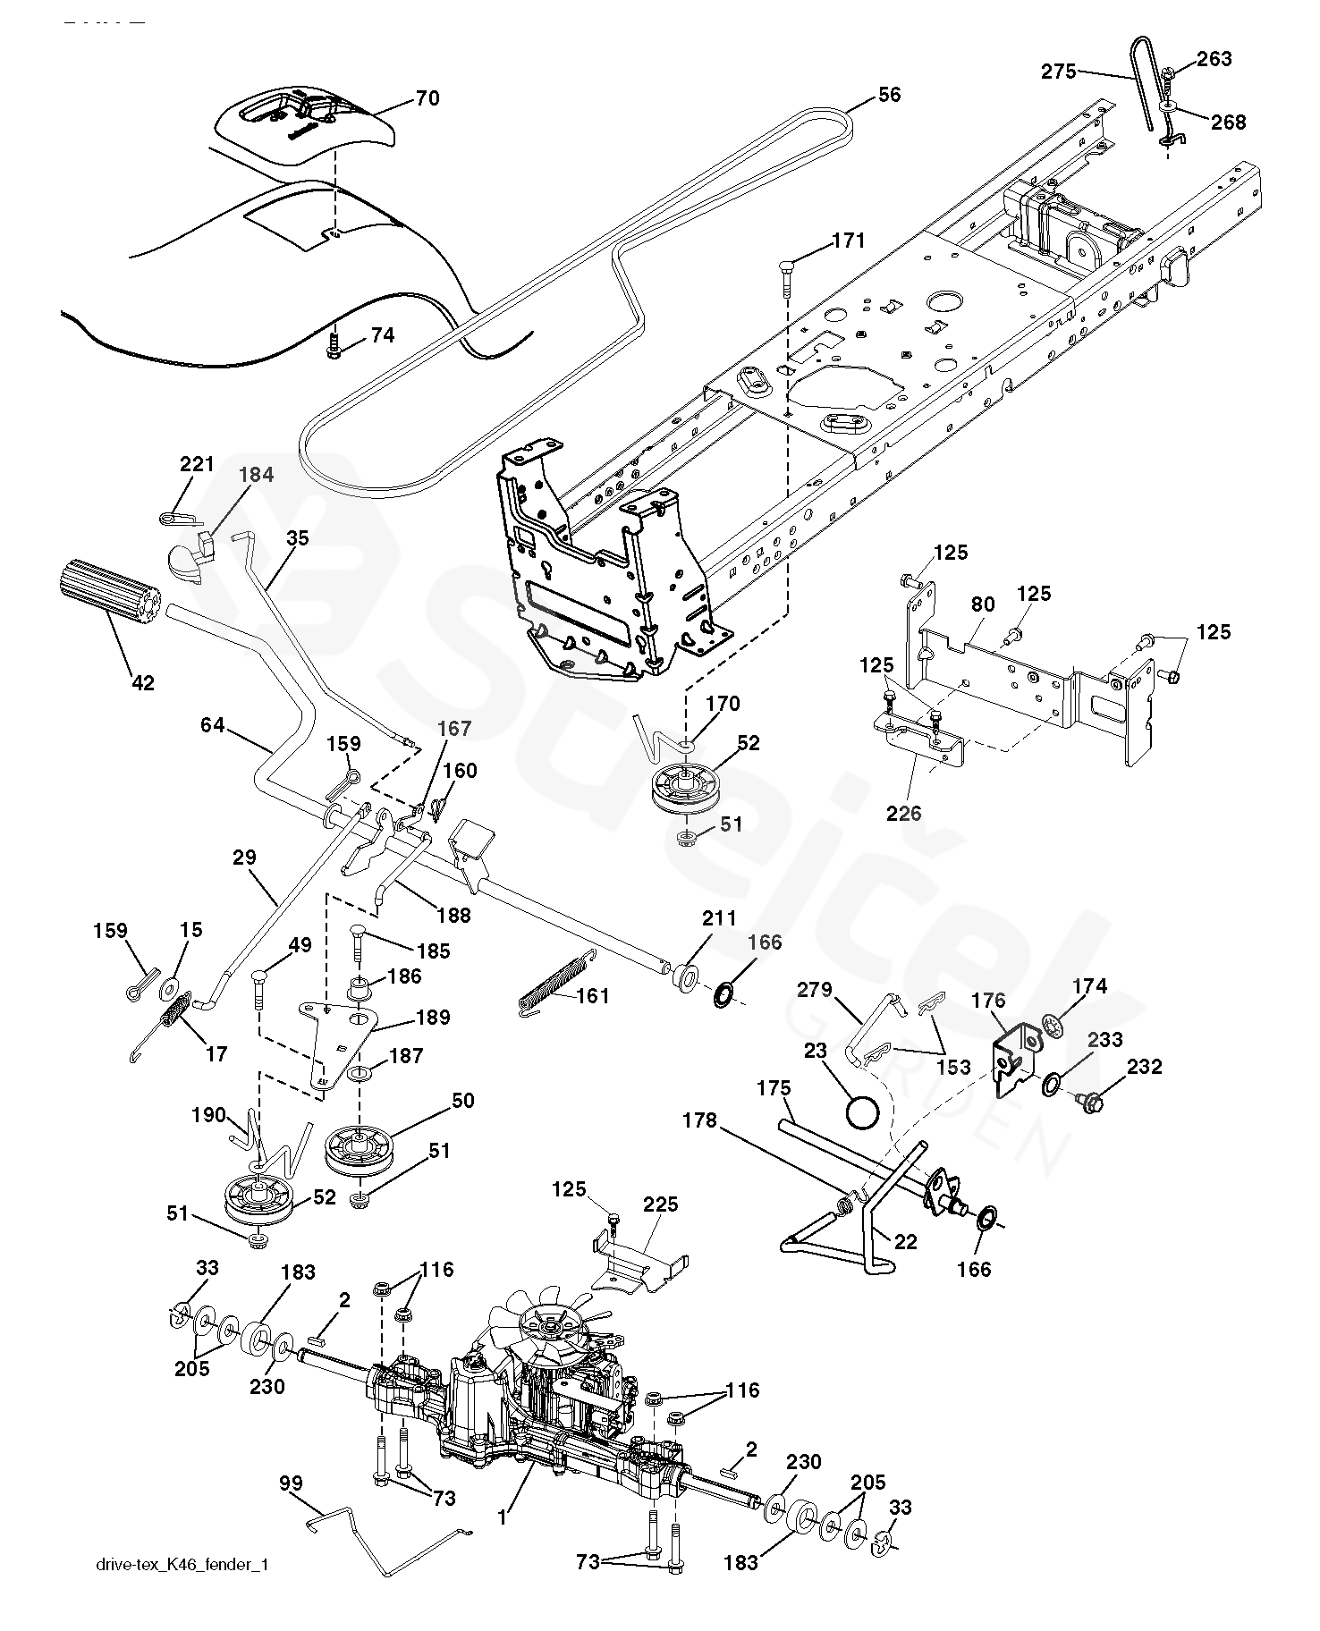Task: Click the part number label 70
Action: click(427, 97)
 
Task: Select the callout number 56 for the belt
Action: click(889, 95)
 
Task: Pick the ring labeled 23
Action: click(863, 1115)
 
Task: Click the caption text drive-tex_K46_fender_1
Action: click(181, 1590)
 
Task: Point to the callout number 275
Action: click(1059, 72)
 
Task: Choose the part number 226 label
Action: click(904, 813)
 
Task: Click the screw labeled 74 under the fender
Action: click(334, 346)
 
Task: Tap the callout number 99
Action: click(291, 1483)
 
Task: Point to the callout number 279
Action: click(814, 990)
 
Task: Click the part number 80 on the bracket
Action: click(982, 604)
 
